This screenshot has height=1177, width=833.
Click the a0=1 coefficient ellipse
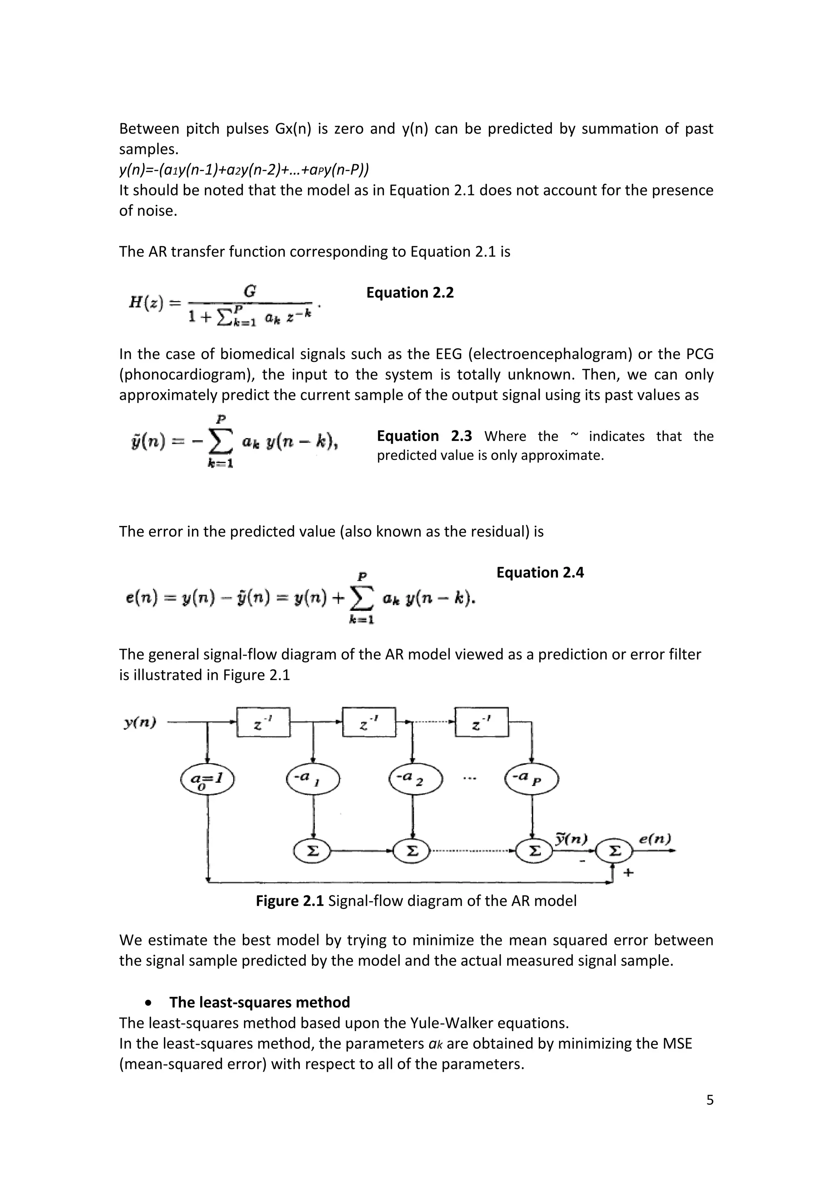pyautogui.click(x=207, y=780)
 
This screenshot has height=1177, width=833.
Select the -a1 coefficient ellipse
pyautogui.click(x=313, y=779)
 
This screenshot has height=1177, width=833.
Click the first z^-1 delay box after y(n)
pyautogui.click(x=263, y=723)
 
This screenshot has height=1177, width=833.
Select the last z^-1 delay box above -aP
pyautogui.click(x=482, y=723)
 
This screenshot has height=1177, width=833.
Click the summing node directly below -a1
pyautogui.click(x=312, y=851)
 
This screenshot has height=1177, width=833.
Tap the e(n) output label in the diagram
pyautogui.click(x=655, y=839)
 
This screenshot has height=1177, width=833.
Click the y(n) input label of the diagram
pyautogui.click(x=140, y=723)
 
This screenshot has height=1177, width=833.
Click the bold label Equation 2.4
pyautogui.click(x=540, y=573)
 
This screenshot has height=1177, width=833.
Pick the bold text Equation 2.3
pyautogui.click(x=424, y=436)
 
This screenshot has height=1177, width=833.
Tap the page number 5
pyautogui.click(x=710, y=1100)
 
